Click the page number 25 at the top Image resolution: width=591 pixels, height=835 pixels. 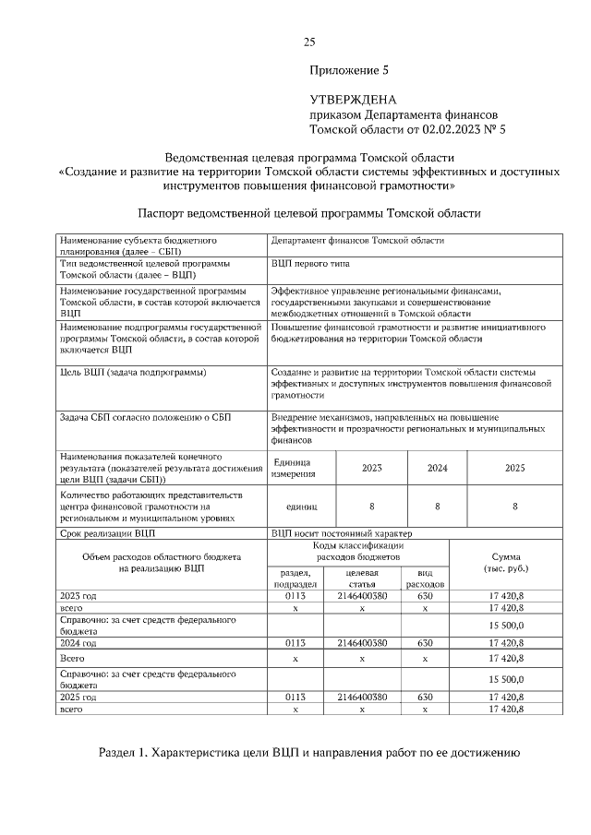click(x=309, y=42)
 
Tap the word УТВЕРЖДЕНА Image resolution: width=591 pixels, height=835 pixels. click(x=353, y=99)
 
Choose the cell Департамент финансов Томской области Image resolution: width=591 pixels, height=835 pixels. click(x=357, y=240)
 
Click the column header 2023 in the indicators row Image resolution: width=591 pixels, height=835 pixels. click(x=371, y=468)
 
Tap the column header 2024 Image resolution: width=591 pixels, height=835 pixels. click(x=437, y=468)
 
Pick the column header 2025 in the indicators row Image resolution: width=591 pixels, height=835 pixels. click(x=514, y=468)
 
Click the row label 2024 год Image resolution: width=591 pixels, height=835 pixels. click(x=78, y=643)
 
